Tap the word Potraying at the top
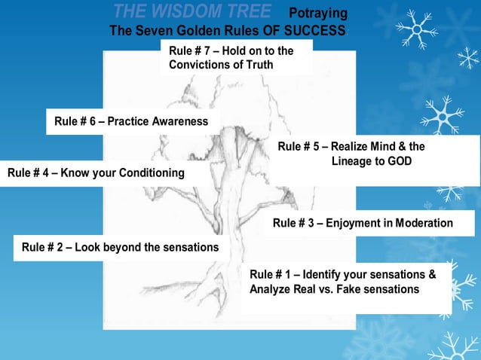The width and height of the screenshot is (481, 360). coord(319,14)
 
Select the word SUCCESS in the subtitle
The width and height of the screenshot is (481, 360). coord(317,31)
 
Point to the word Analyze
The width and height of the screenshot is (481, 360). coord(272,289)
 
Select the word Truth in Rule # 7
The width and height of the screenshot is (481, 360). coord(258,65)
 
